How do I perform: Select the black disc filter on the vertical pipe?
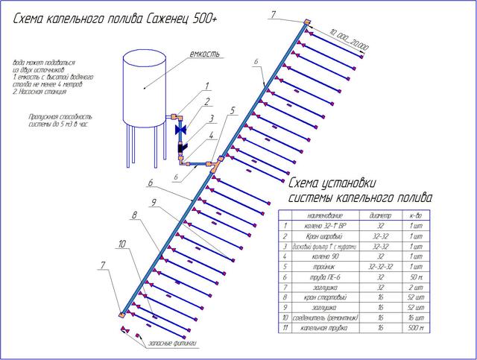pyautogui.click(x=182, y=147)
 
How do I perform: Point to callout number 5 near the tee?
pyautogui.click(x=233, y=110)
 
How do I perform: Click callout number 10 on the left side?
pyautogui.click(x=121, y=244)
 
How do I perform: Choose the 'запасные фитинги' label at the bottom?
pyautogui.click(x=172, y=344)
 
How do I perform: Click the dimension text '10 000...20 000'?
pyautogui.click(x=351, y=42)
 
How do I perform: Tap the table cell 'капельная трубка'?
pyautogui.click(x=318, y=328)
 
